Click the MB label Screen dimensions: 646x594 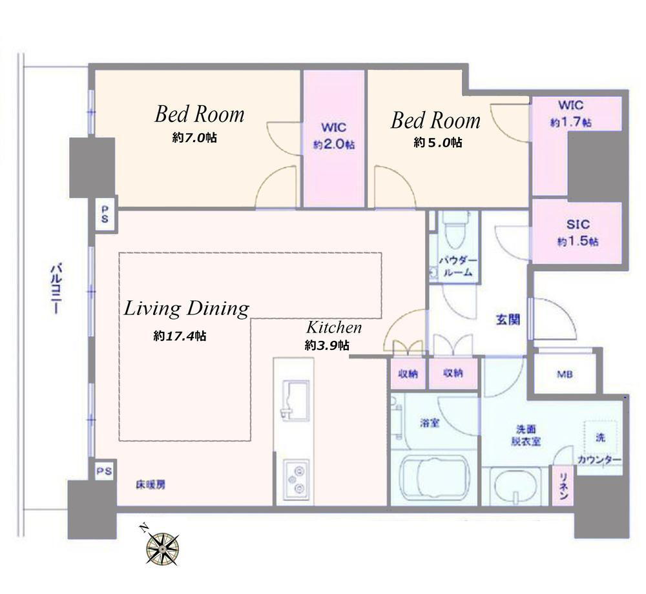pyautogui.click(x=565, y=374)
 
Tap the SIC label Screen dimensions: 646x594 pyautogui.click(x=578, y=225)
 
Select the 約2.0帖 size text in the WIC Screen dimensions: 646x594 pyautogui.click(x=334, y=145)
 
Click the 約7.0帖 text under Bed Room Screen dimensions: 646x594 pyautogui.click(x=194, y=138)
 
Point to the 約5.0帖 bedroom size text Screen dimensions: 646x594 pyautogui.click(x=437, y=143)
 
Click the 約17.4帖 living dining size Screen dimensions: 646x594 pyautogui.click(x=180, y=336)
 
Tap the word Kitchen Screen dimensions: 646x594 pyautogui.click(x=334, y=327)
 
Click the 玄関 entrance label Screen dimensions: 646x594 pyautogui.click(x=508, y=320)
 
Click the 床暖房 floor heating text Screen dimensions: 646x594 pyautogui.click(x=151, y=485)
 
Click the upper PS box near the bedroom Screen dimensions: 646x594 pyautogui.click(x=105, y=215)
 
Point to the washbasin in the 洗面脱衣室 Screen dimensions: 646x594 pyautogui.click(x=514, y=487)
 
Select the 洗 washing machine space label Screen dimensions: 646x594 pyautogui.click(x=600, y=437)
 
